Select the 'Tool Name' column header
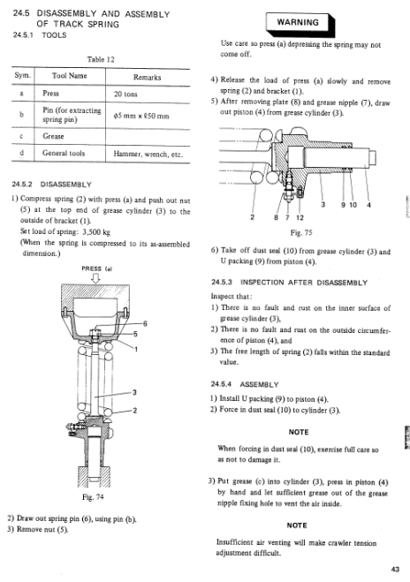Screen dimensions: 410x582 coord(70,76)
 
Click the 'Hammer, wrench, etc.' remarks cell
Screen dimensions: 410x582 coord(148,154)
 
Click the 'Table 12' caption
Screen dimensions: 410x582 coord(101,59)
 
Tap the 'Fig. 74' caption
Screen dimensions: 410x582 coord(93,496)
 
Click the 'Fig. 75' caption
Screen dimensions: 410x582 coord(301,233)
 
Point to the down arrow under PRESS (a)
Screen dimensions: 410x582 coord(95,278)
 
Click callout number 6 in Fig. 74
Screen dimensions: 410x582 coord(145,323)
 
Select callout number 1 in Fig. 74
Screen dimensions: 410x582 coord(136,349)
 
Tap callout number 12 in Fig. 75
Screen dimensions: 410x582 coord(300,217)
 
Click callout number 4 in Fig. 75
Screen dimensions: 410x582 coord(368,205)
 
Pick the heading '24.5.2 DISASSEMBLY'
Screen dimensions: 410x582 coord(51,185)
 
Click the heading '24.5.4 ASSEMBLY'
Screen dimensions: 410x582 coord(245,384)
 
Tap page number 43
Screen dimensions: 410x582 coord(395,570)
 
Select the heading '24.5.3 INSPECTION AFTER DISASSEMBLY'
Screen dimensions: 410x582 coord(289,283)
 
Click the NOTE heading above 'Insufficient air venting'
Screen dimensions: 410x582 coord(297,525)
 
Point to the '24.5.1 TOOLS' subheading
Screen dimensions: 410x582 coord(40,35)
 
